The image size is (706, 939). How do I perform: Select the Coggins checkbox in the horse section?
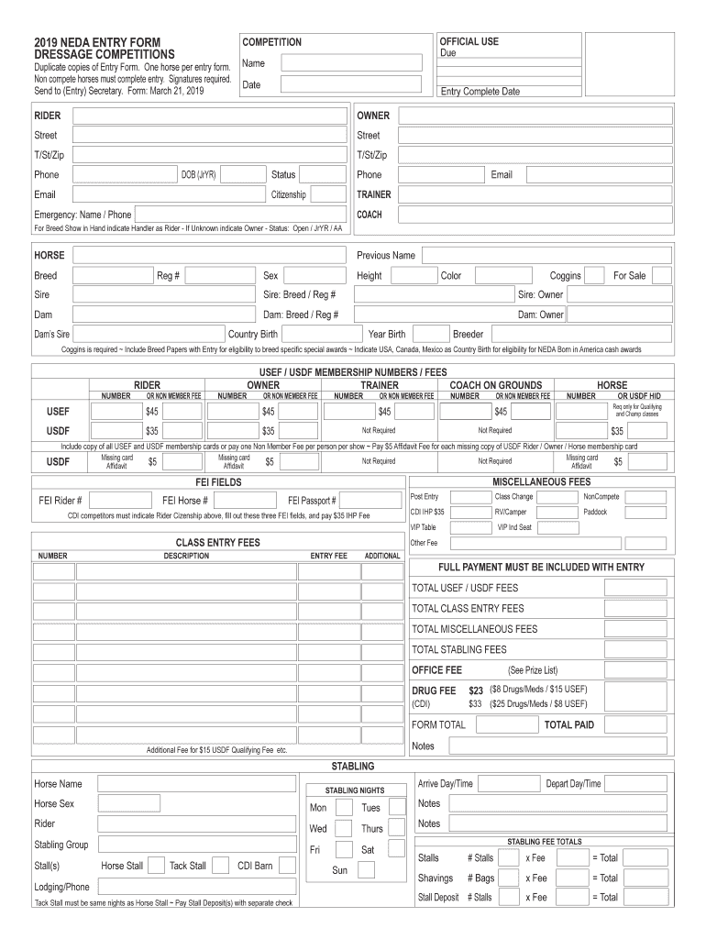[x=594, y=276]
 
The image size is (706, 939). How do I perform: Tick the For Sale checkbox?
[x=661, y=276]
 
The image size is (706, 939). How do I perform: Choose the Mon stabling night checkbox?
[x=343, y=807]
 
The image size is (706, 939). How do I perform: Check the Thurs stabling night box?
[x=397, y=828]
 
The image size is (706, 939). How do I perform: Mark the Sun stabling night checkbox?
[x=366, y=869]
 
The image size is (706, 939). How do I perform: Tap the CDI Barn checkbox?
[x=287, y=865]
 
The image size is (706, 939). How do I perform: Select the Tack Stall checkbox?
[x=219, y=865]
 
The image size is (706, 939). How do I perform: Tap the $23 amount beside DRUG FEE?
[x=475, y=690]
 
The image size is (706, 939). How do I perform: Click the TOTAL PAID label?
[x=569, y=724]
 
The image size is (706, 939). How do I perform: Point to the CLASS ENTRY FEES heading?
[x=217, y=542]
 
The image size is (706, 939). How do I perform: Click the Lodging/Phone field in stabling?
[x=197, y=887]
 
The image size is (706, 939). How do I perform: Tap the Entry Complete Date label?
[x=480, y=92]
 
